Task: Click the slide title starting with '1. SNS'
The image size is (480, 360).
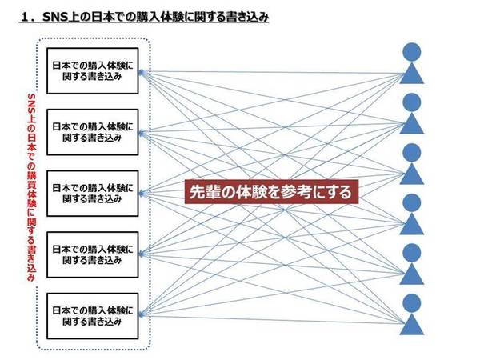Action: point(144,14)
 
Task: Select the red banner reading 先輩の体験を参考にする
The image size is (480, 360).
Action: point(269,193)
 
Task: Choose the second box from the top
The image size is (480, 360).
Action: point(91,133)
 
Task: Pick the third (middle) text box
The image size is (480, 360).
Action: point(91,193)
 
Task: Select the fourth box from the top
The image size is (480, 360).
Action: point(91,254)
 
